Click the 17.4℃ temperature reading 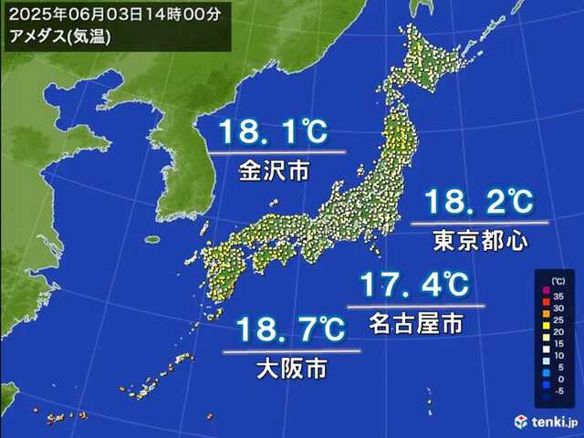click(x=414, y=286)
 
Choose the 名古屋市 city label click(x=415, y=322)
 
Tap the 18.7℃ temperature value click(x=291, y=329)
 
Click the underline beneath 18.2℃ click(x=478, y=222)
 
